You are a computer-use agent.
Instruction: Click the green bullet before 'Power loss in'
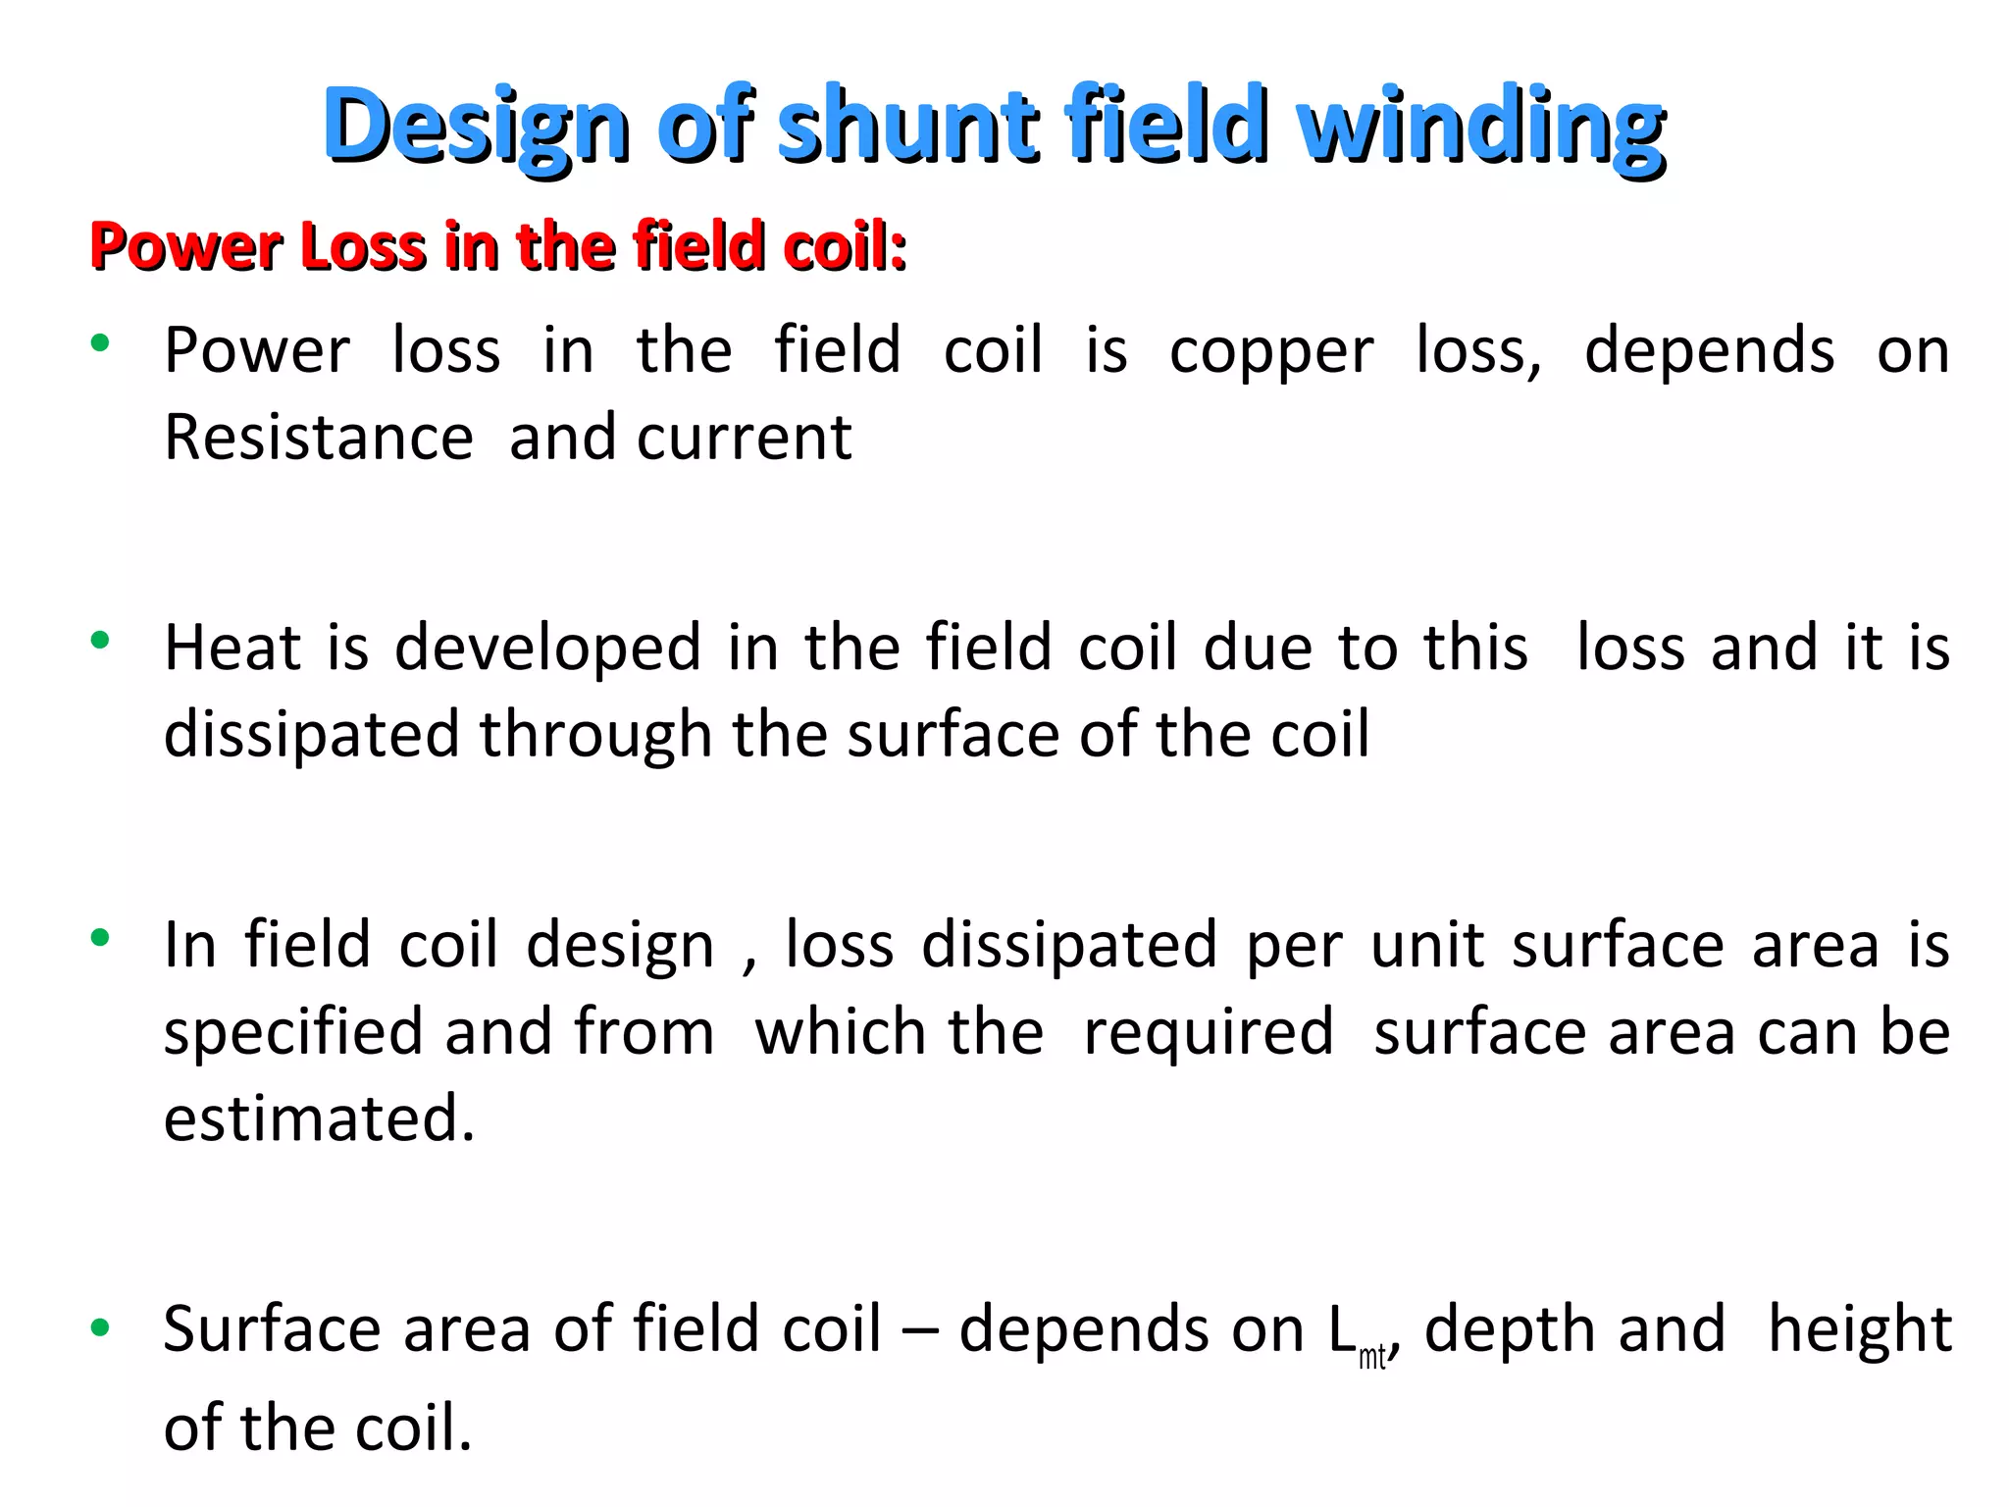(99, 343)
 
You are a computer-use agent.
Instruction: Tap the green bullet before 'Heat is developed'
(99, 642)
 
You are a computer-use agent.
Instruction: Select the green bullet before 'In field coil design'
(99, 938)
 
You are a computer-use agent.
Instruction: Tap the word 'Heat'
(232, 648)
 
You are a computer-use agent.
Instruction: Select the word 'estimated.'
(319, 1118)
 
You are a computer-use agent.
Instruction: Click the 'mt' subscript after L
(1371, 1357)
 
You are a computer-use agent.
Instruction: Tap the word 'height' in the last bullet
(1859, 1329)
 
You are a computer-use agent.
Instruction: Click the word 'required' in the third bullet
(1208, 1033)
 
